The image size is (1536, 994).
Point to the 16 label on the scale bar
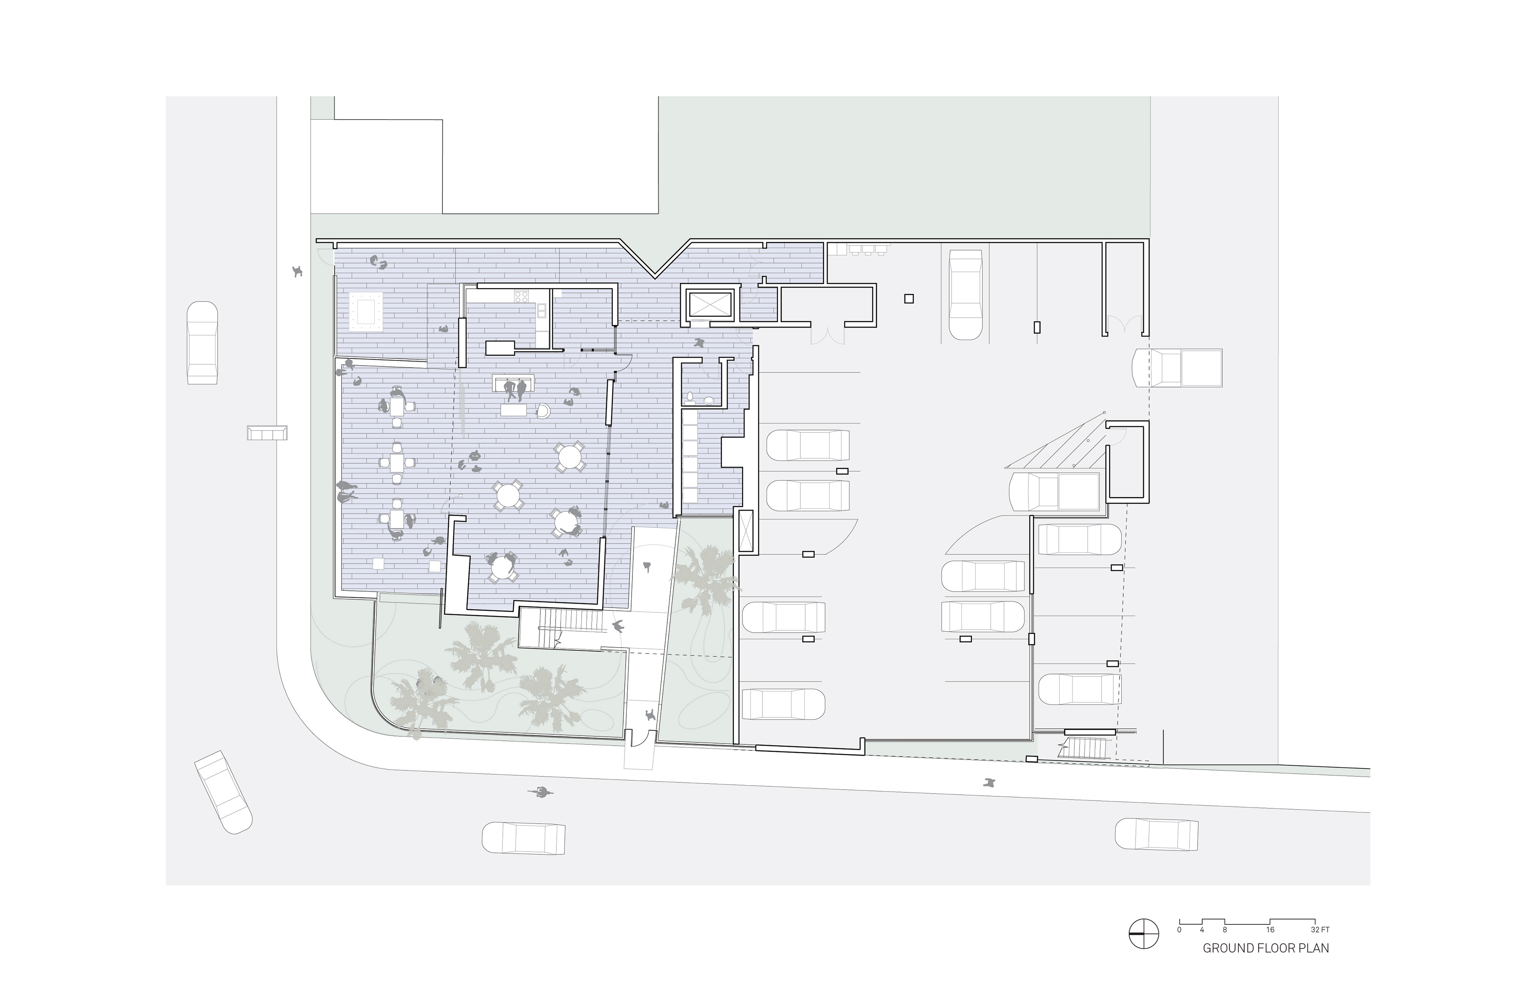click(1270, 930)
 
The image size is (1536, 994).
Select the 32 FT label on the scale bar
click(1320, 930)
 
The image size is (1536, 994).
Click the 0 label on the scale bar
click(1179, 930)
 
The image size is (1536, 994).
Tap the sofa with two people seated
click(514, 383)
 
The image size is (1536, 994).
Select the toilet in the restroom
click(690, 397)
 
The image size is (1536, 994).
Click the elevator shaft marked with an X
click(709, 305)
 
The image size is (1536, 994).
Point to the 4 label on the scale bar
click(1202, 930)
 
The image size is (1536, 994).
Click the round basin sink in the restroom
click(709, 400)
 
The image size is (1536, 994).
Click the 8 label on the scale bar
click(1224, 930)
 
